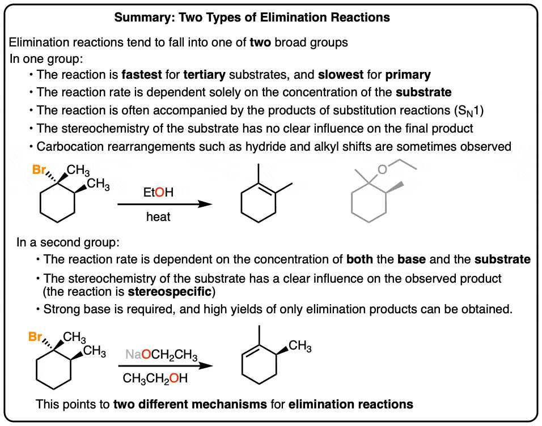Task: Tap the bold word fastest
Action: pyautogui.click(x=142, y=75)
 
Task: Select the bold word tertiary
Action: pyautogui.click(x=204, y=75)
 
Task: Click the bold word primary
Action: pyautogui.click(x=408, y=75)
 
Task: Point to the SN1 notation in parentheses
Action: pyautogui.click(x=469, y=110)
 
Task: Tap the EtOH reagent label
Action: pyautogui.click(x=158, y=192)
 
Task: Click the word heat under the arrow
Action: pyautogui.click(x=158, y=216)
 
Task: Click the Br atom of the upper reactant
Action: pyautogui.click(x=39, y=169)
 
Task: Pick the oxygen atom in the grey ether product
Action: pyautogui.click(x=382, y=169)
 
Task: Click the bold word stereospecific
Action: pyautogui.click(x=170, y=292)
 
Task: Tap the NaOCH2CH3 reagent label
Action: pyautogui.click(x=162, y=355)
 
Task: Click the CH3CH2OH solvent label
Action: pyautogui.click(x=155, y=378)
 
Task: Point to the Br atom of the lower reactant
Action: pyautogui.click(x=35, y=336)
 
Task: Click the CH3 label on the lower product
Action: pyautogui.click(x=300, y=346)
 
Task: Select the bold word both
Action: pyautogui.click(x=359, y=259)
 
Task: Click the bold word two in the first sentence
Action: pyautogui.click(x=260, y=42)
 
